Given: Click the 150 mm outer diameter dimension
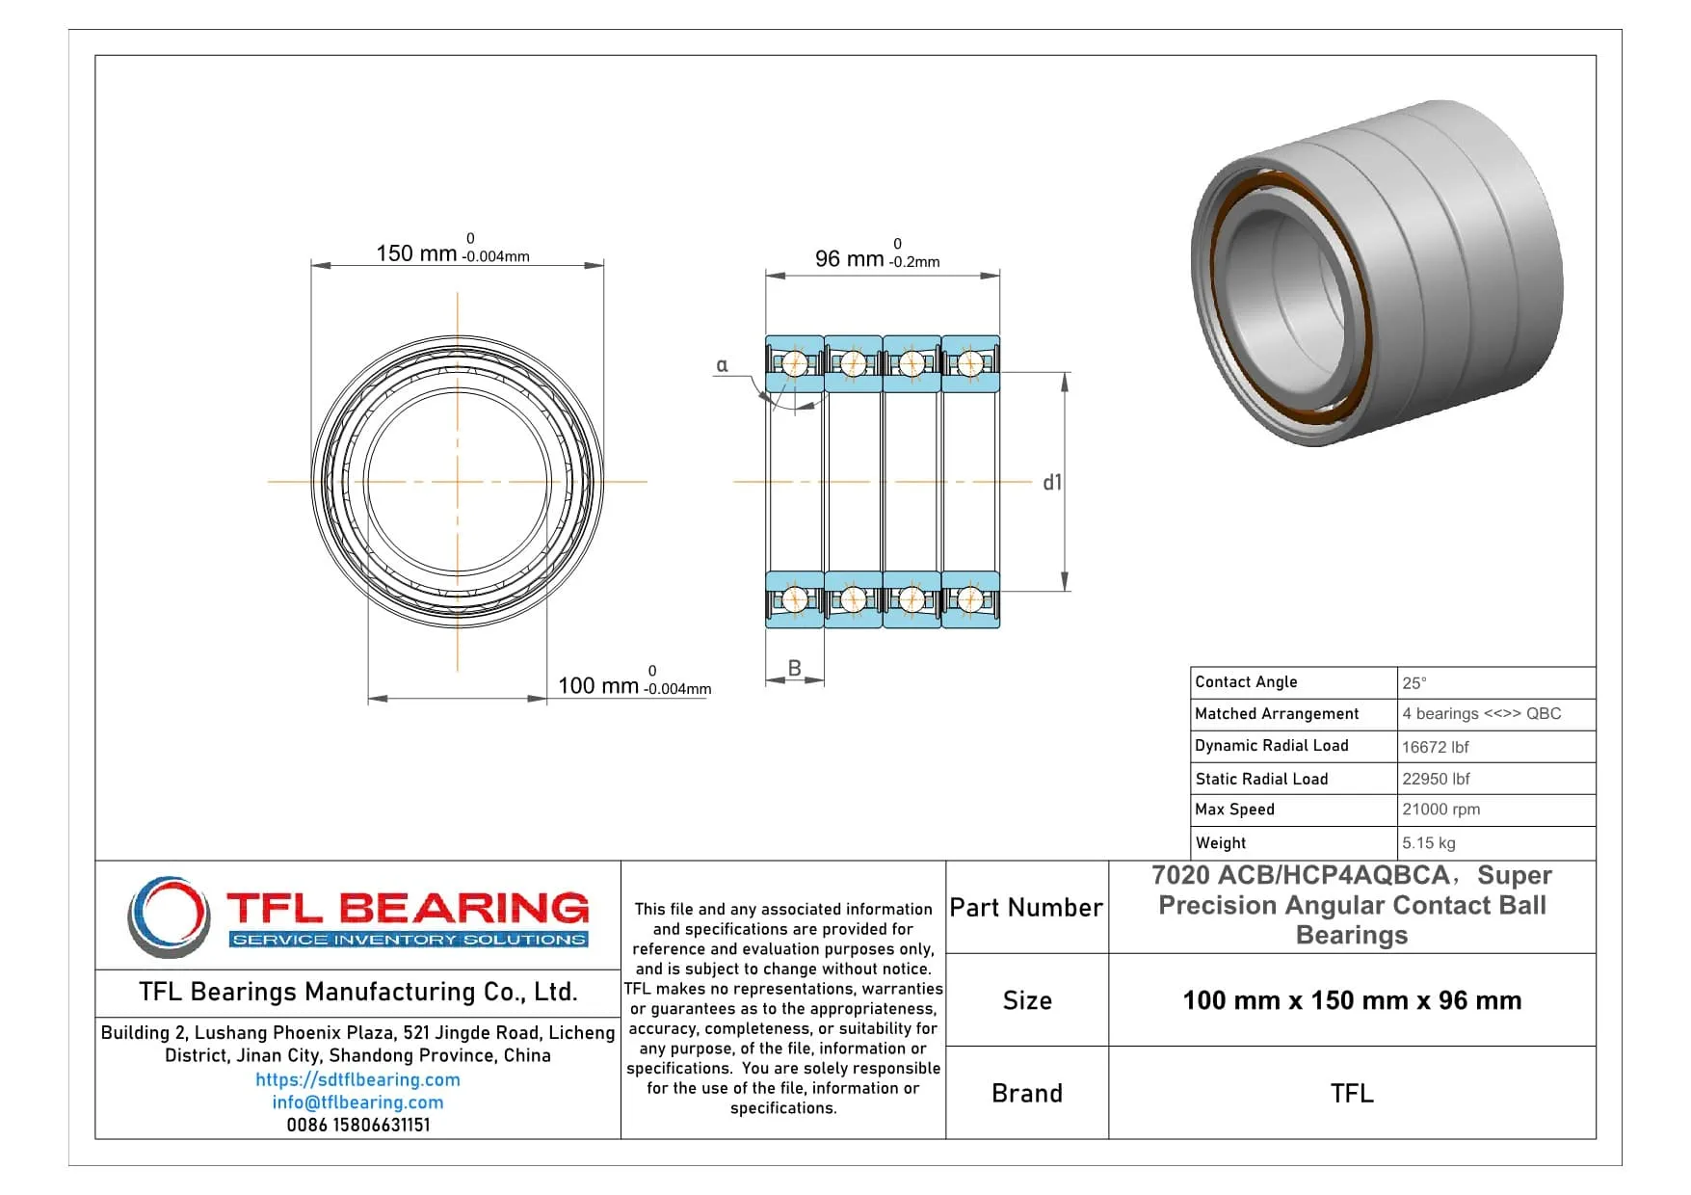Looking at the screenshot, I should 416,253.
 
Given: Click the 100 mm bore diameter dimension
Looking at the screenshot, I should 598,685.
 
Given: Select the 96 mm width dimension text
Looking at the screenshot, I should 849,258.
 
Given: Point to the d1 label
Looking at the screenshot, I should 1052,482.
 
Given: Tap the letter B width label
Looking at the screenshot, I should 795,668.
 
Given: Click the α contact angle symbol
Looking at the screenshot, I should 722,365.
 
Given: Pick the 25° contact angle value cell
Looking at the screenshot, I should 1414,682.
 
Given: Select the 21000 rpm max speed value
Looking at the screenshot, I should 1440,810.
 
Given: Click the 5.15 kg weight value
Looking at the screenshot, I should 1428,842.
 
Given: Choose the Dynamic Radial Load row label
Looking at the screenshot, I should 1271,746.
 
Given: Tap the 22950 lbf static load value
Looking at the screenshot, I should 1436,779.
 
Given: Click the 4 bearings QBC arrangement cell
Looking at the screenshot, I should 1481,714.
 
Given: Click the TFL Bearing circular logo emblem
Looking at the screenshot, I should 170,916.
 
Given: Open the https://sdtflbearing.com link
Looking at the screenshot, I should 357,1079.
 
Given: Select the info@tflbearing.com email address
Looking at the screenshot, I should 357,1102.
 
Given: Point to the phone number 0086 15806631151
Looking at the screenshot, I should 357,1125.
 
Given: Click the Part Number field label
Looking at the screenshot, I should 1026,908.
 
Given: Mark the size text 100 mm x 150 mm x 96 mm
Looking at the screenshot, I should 1352,1000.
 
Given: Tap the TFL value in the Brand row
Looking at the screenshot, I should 1352,1093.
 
